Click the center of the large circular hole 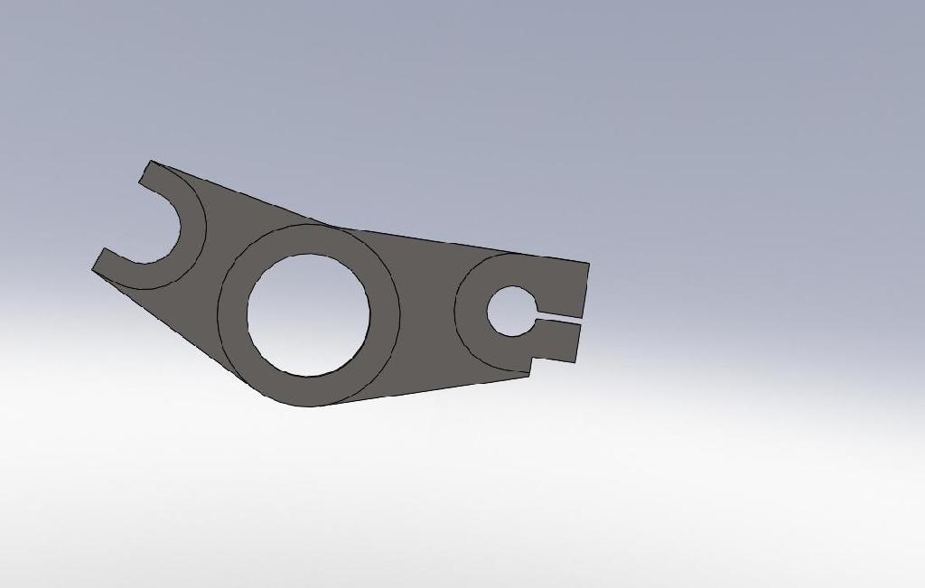point(308,314)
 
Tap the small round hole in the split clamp point(510,311)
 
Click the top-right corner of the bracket point(588,264)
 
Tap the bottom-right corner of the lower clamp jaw point(575,362)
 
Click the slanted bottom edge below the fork point(181,334)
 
